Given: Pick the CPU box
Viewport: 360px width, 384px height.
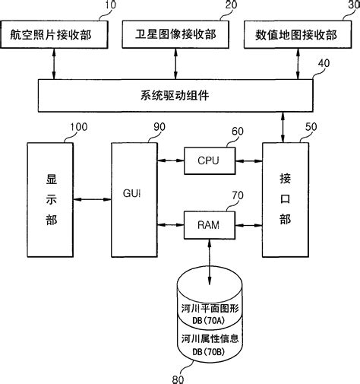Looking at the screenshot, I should coord(209,160).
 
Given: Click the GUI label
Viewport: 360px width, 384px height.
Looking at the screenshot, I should coord(132,193).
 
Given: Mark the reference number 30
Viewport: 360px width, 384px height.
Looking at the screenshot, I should coord(350,6).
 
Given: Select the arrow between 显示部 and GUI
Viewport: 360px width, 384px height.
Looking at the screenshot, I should coord(93,200).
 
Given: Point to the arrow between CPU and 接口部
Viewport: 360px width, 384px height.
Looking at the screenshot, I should coord(248,160).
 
